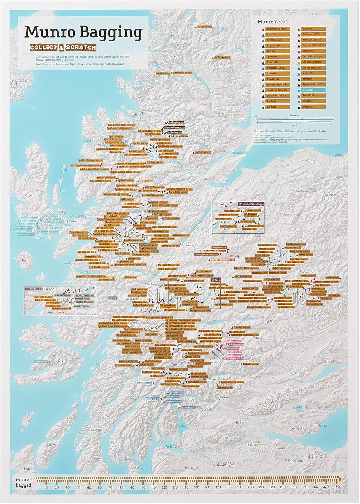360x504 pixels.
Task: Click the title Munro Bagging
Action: pos(83,33)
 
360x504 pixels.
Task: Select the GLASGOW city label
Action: pos(224,464)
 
